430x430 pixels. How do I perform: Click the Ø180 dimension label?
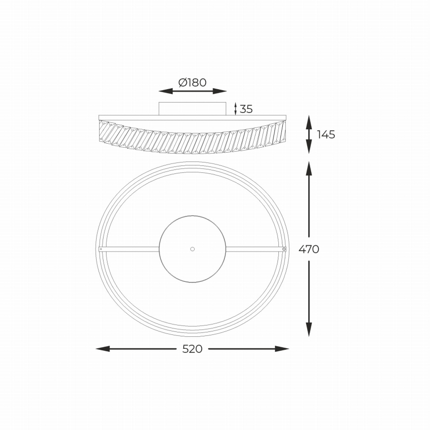pyautogui.click(x=192, y=83)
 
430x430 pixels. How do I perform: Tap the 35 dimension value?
pyautogui.click(x=246, y=109)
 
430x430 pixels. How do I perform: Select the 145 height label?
pyautogui.click(x=326, y=134)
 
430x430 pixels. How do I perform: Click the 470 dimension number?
pyautogui.click(x=309, y=249)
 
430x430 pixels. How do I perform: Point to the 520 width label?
pyautogui.click(x=192, y=349)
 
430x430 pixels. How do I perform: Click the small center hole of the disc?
pyautogui.click(x=193, y=248)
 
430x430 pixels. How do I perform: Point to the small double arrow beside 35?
pyautogui.click(x=235, y=109)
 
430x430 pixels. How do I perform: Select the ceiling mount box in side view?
pyautogui.click(x=192, y=108)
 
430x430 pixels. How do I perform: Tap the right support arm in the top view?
pyautogui.click(x=255, y=249)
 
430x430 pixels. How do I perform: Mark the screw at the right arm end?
pyautogui.click(x=284, y=249)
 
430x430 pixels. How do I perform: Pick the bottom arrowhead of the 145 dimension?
pyautogui.click(x=309, y=147)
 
